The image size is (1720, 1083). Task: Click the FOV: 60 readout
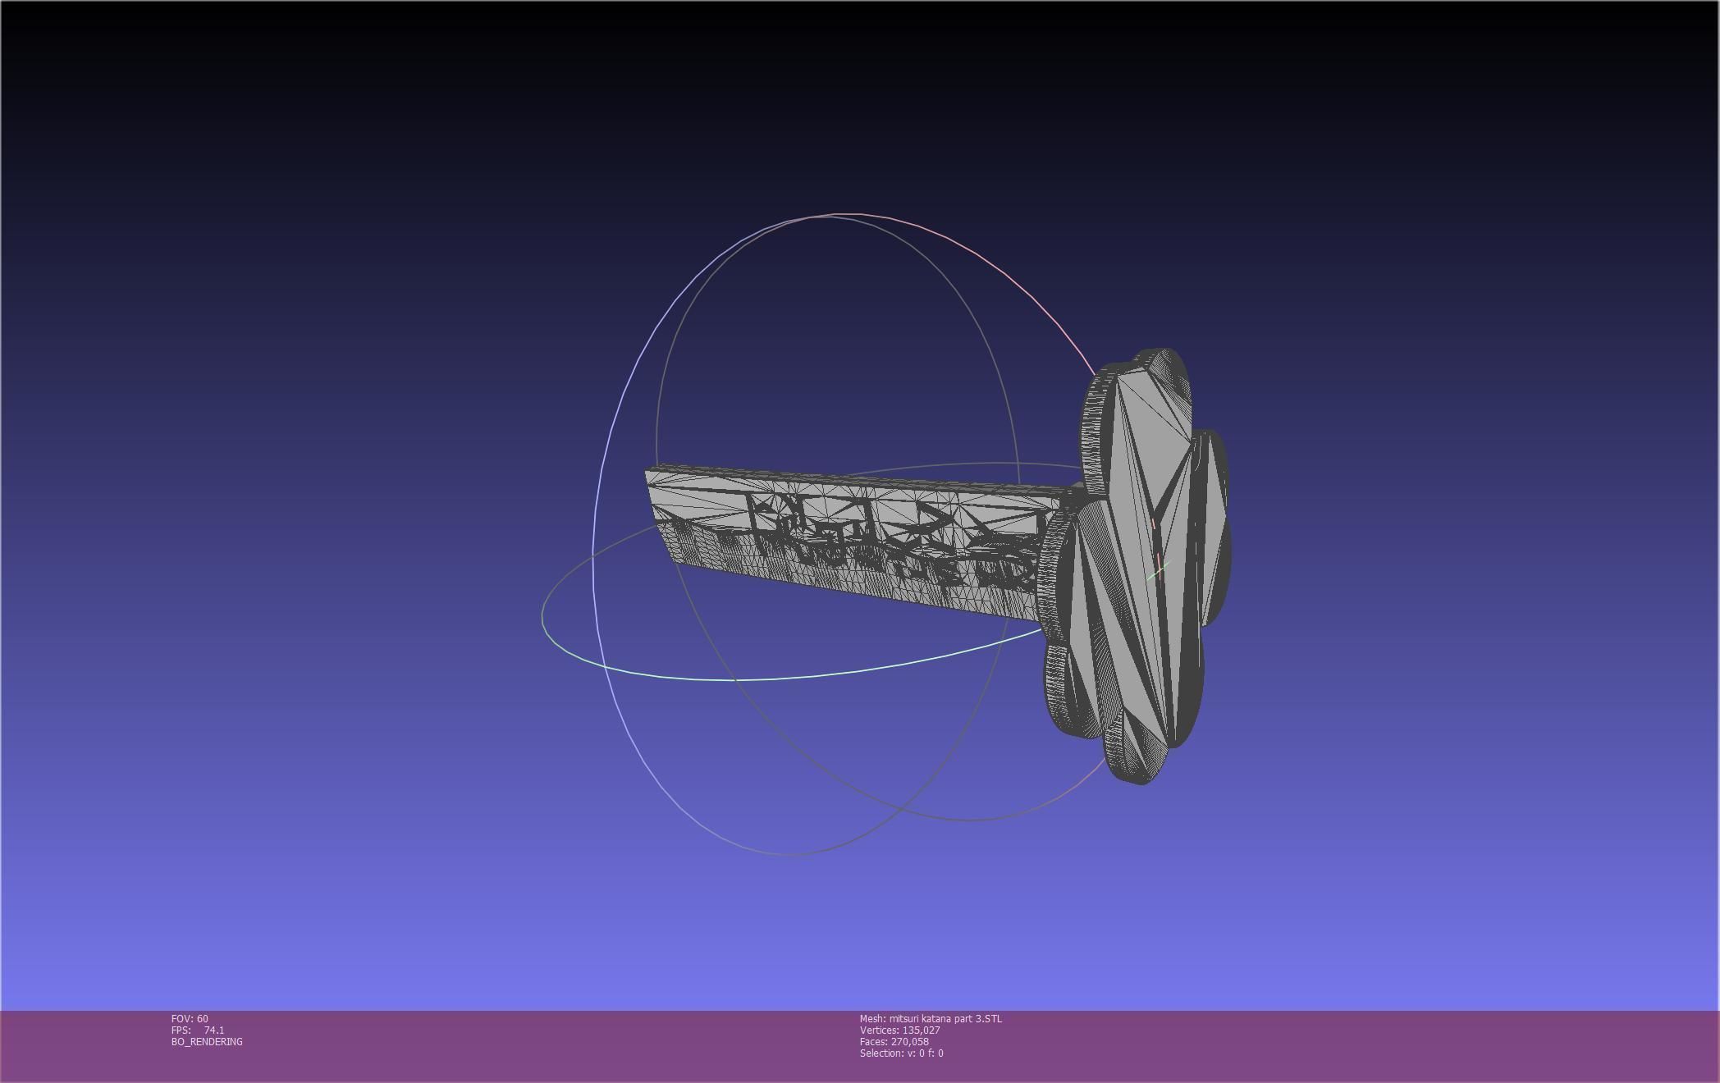190,1019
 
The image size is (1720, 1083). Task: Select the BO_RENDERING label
207,1042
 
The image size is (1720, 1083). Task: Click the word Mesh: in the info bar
872,1019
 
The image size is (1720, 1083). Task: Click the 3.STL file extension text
989,1019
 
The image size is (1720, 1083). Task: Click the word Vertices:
879,1030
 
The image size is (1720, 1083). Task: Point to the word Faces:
873,1042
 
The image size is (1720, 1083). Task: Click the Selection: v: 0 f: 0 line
901,1053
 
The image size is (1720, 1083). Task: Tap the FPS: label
181,1030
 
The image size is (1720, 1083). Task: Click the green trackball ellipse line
739,679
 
